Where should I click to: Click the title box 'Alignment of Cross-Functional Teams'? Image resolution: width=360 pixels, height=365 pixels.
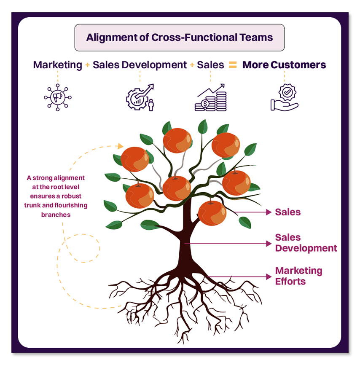(180, 38)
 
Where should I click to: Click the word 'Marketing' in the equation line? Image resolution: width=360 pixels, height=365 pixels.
(58, 65)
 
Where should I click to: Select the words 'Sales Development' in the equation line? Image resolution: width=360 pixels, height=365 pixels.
(140, 65)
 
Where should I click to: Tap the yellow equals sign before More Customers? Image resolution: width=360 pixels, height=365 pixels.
(233, 65)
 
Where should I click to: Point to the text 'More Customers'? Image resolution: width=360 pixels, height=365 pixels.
(284, 65)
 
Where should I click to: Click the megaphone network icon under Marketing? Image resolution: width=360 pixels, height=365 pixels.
(58, 98)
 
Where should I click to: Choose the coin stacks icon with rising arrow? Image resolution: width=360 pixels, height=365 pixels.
(210, 98)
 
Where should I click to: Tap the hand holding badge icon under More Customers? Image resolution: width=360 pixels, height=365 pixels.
(284, 98)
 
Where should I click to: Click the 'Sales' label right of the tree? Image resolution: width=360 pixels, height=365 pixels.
(288, 212)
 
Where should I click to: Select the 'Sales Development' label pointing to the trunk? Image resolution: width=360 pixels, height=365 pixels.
(306, 243)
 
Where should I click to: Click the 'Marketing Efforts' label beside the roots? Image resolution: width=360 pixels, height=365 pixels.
(298, 276)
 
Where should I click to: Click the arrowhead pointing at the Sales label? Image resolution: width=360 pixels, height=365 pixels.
(269, 212)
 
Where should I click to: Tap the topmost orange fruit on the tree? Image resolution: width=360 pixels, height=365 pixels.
(177, 140)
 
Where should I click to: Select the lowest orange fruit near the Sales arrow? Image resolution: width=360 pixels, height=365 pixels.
(212, 213)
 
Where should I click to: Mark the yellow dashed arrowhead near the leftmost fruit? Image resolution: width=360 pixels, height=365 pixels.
(121, 146)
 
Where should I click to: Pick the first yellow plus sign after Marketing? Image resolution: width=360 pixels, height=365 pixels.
(87, 65)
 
